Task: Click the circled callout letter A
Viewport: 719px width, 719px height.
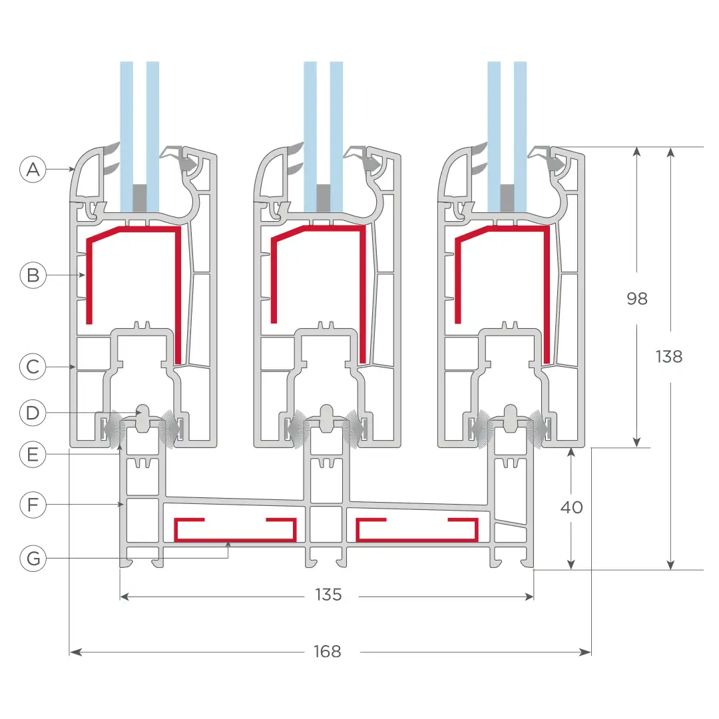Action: [33, 170]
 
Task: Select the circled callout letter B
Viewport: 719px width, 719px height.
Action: [33, 275]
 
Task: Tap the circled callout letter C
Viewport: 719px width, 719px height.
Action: [33, 367]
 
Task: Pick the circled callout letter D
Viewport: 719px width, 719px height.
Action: [33, 413]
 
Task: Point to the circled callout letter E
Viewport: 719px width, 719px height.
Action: [33, 455]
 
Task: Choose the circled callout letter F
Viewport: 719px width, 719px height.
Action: [33, 505]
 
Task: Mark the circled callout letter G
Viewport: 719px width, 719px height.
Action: [33, 559]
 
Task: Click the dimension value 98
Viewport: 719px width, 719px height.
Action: [637, 299]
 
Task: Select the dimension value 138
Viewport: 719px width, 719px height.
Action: [669, 356]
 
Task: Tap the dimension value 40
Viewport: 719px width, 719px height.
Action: [571, 507]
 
